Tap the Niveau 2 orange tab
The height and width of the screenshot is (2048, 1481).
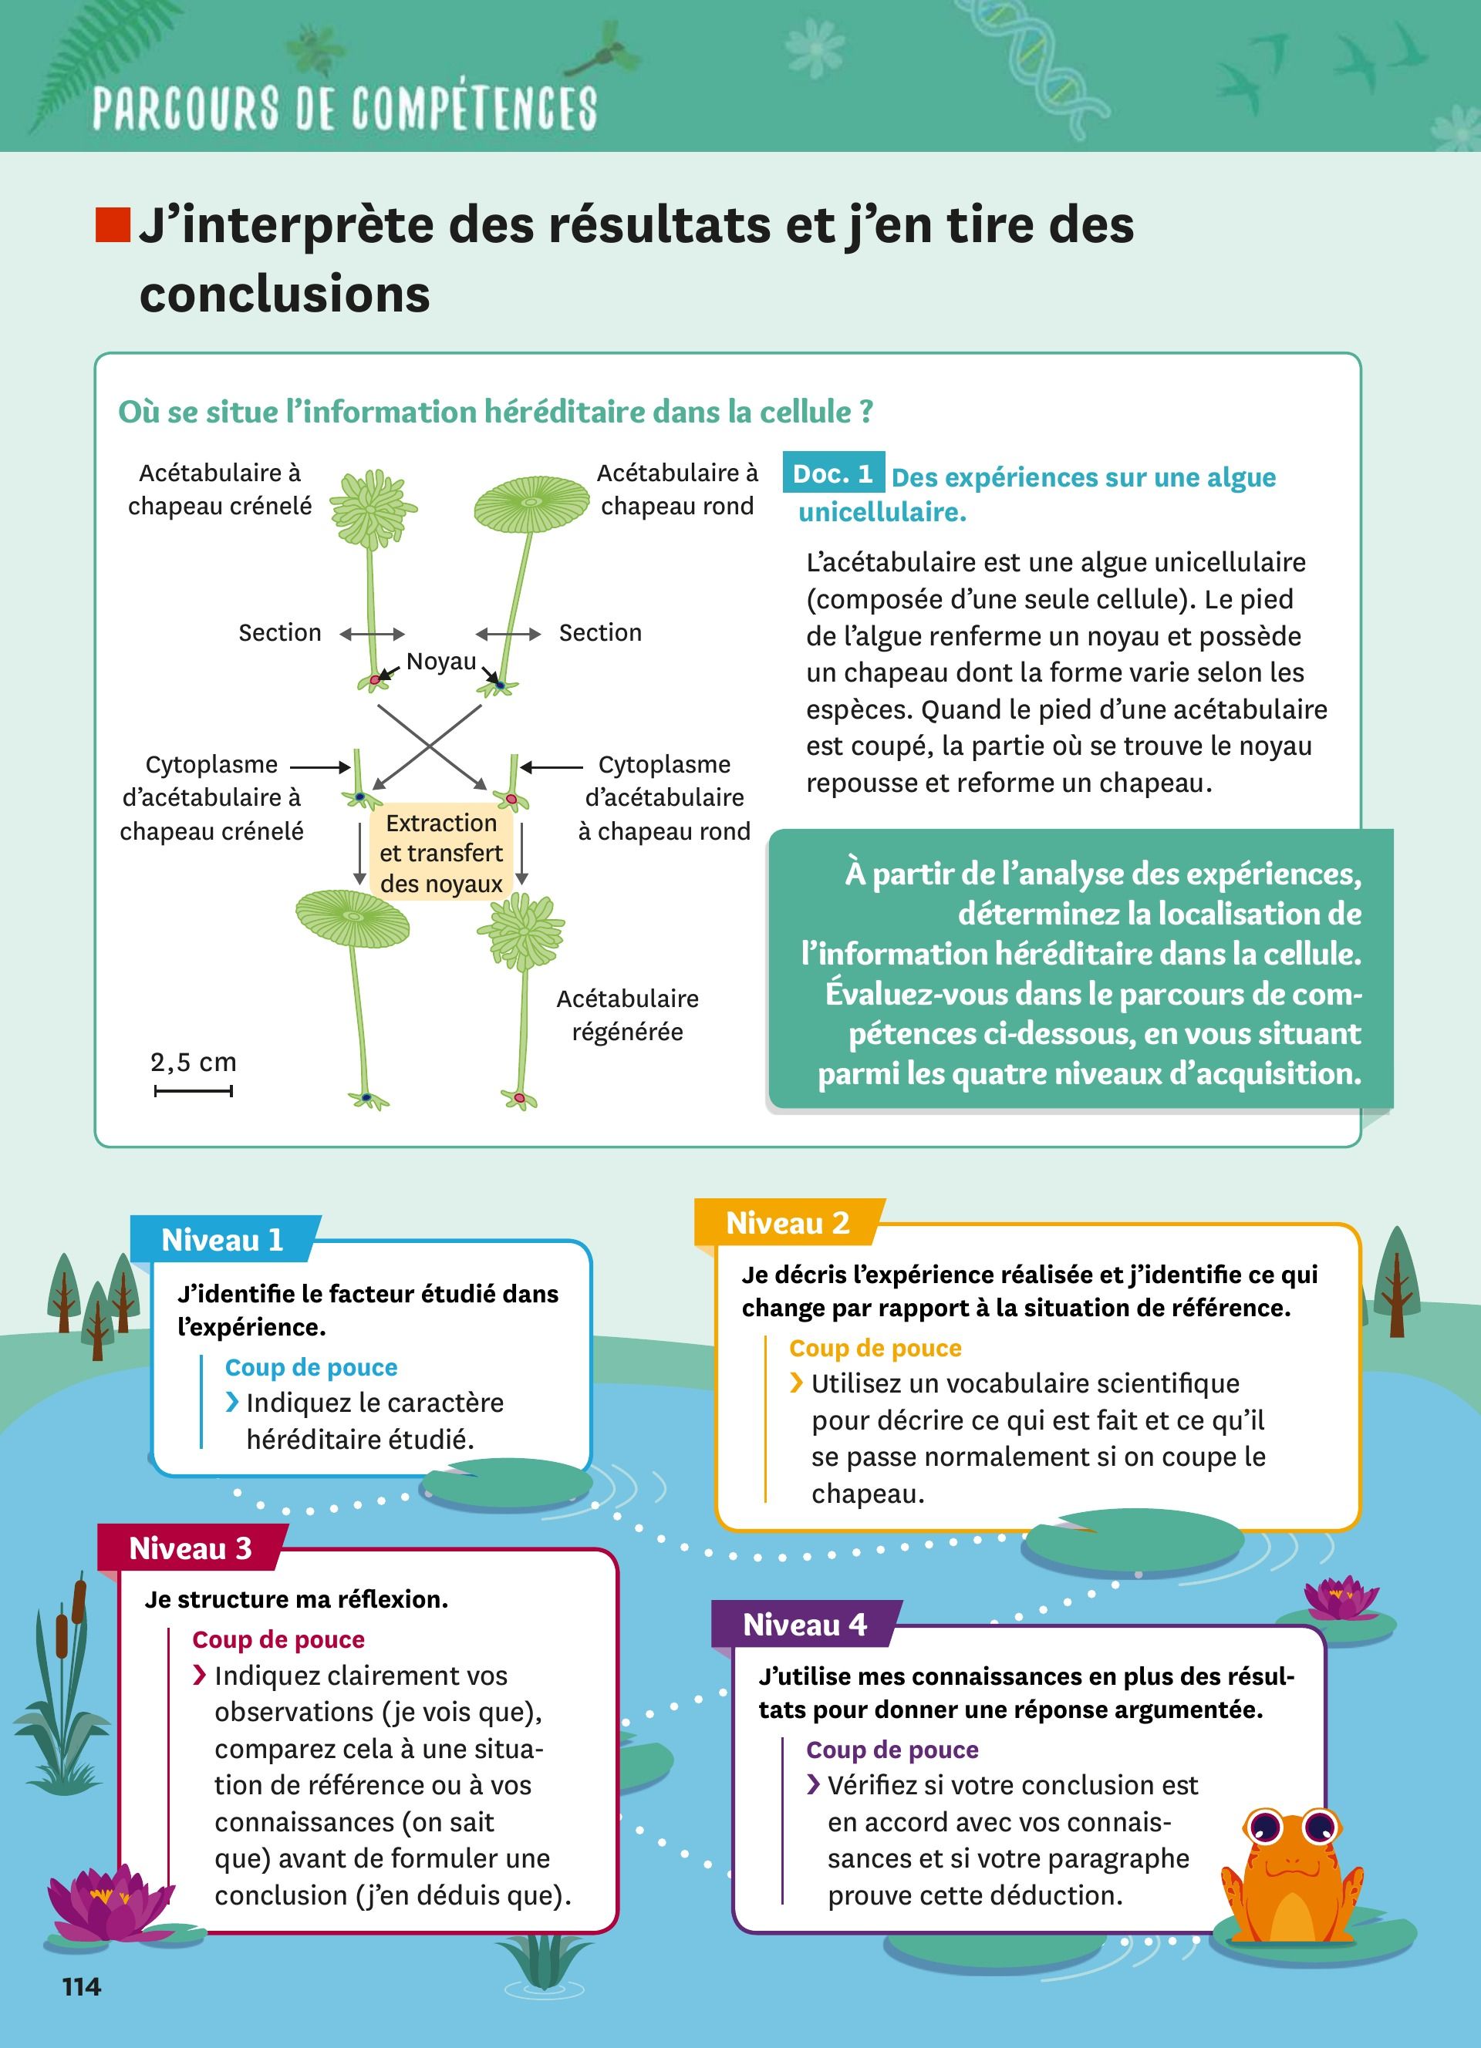(x=788, y=1223)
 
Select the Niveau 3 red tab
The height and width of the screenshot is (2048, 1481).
(x=190, y=1548)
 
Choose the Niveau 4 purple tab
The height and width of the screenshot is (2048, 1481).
(x=804, y=1625)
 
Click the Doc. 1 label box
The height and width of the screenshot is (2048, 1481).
(x=832, y=474)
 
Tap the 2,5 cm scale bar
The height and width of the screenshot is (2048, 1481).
(x=194, y=1091)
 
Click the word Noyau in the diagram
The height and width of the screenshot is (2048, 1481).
(x=440, y=661)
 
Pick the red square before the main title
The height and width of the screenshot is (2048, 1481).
(x=113, y=225)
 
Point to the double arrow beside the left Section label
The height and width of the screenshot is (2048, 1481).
(x=372, y=634)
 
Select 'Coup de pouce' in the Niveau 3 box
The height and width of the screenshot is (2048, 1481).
(x=278, y=1639)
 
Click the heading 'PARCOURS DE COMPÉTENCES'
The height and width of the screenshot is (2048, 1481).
(x=344, y=109)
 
